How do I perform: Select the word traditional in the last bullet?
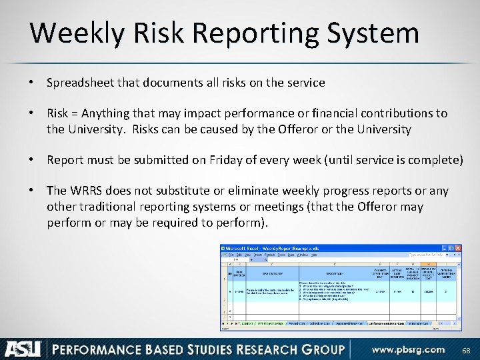108,207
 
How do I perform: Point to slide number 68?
466,349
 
